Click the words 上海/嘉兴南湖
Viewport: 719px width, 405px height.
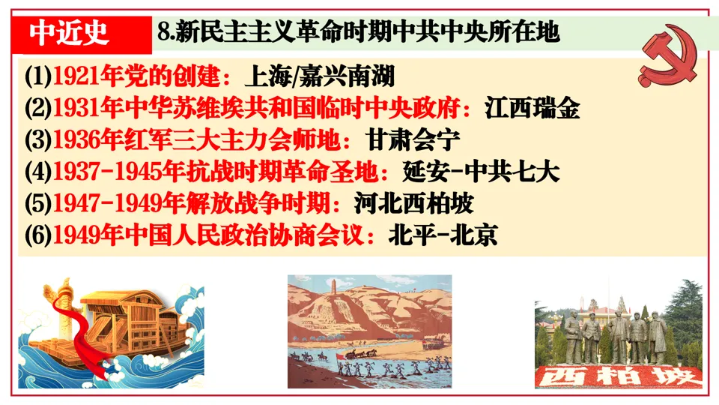click(x=320, y=76)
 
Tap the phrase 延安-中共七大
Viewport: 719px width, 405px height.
click(x=475, y=172)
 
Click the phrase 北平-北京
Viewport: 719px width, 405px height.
click(x=442, y=235)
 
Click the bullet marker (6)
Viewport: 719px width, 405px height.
click(x=37, y=235)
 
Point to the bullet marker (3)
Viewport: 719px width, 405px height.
click(x=37, y=140)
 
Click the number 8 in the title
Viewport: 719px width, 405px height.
click(x=163, y=32)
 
